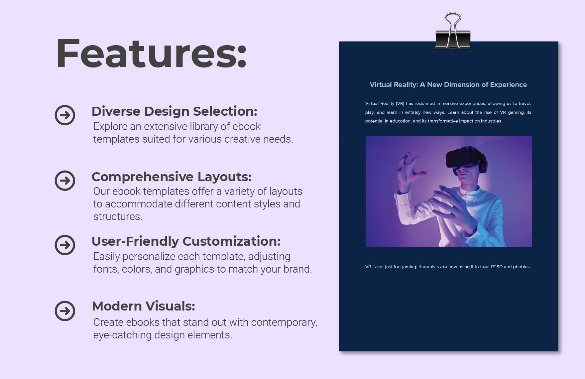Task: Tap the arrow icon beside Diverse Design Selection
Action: pos(65,115)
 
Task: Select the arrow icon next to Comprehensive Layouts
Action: pos(65,181)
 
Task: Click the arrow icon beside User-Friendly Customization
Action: pos(65,245)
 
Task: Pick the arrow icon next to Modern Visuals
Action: pos(65,311)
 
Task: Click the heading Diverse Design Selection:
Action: pos(174,111)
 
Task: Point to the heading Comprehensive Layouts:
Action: pos(171,177)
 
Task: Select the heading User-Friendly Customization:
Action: pos(186,241)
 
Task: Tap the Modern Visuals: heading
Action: pos(143,306)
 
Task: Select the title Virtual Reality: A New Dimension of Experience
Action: pos(448,85)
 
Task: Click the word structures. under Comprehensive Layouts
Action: pos(118,217)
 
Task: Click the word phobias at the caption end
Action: pos(522,267)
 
